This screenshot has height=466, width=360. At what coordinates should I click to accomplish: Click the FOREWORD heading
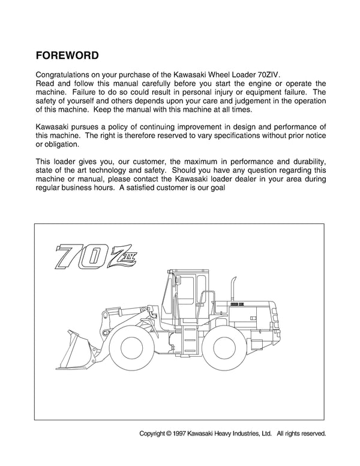[68, 55]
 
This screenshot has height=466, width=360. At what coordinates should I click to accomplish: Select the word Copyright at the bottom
[155, 432]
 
